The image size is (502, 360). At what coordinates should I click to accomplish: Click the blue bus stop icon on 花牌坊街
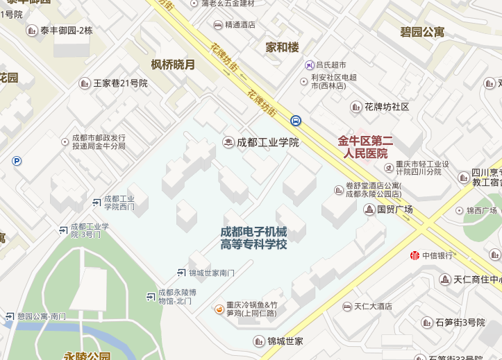click(x=296, y=120)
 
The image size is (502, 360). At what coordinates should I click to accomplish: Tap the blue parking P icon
click(x=17, y=161)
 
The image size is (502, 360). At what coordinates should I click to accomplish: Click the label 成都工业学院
click(x=267, y=142)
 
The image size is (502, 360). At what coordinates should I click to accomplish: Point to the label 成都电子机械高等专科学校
click(x=253, y=238)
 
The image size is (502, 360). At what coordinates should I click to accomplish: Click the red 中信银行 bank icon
click(x=415, y=255)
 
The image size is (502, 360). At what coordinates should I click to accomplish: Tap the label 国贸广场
click(x=394, y=209)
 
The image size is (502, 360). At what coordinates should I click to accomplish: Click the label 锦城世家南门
click(x=212, y=273)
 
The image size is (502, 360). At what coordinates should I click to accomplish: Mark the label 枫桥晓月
click(x=173, y=65)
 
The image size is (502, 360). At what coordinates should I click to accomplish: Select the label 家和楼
click(x=282, y=47)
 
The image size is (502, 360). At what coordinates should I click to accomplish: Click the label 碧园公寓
click(x=422, y=32)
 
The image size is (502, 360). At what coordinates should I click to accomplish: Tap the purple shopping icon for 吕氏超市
click(x=309, y=65)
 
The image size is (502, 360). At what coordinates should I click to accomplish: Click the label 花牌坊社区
click(x=387, y=107)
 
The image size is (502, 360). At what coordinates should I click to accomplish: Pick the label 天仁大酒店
click(x=373, y=306)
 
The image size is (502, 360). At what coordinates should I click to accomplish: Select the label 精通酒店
click(x=240, y=24)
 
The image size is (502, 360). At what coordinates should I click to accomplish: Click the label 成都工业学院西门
click(x=119, y=203)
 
